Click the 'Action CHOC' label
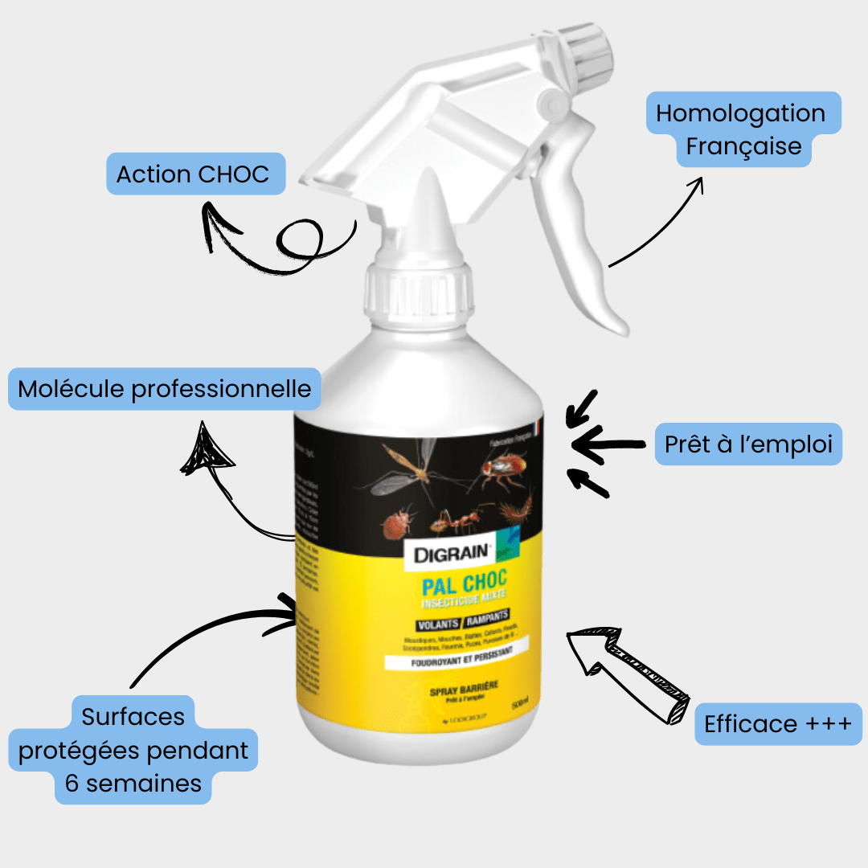coord(193,174)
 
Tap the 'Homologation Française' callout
coord(741,130)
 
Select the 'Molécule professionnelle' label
coord(165,390)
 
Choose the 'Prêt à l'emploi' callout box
coord(747,444)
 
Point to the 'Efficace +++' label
coord(777,724)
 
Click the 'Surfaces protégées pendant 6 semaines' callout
coord(133,750)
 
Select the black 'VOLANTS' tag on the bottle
coord(438,624)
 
